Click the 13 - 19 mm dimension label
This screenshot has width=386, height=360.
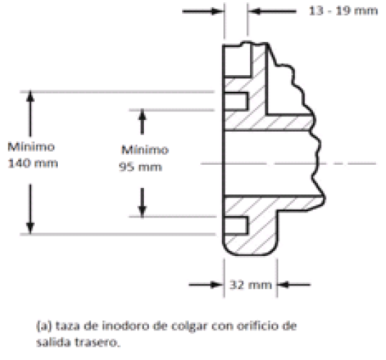click(343, 11)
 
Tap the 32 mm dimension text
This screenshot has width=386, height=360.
click(251, 285)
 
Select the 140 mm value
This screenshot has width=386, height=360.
click(33, 163)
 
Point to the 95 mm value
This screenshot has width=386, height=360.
click(140, 167)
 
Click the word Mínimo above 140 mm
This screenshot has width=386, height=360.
click(31, 147)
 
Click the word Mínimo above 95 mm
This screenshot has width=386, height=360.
click(145, 150)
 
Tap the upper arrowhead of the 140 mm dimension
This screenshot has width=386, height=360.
click(30, 96)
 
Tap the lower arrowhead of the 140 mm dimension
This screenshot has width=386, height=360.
click(30, 228)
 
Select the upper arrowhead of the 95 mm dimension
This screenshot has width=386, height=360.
click(142, 114)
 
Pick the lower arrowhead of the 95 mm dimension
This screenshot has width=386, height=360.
click(142, 212)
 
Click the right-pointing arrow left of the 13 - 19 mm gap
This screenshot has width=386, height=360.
click(203, 12)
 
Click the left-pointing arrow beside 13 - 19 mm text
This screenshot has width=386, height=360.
click(272, 12)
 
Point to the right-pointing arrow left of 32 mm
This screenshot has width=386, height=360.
click(206, 285)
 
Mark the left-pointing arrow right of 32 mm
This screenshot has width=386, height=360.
click(294, 285)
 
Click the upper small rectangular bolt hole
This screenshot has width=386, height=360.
click(236, 101)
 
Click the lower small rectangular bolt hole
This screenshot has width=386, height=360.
click(236, 226)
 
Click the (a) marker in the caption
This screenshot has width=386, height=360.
click(44, 326)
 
